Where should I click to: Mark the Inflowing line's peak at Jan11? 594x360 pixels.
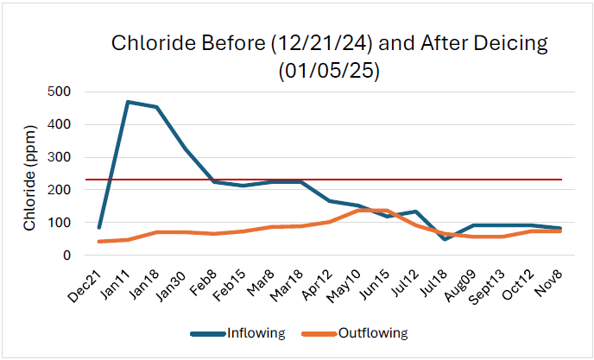[128, 102]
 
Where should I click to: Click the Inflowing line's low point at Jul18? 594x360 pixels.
[444, 239]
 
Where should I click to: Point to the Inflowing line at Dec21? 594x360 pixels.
[100, 228]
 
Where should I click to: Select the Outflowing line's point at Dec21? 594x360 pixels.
[100, 242]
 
